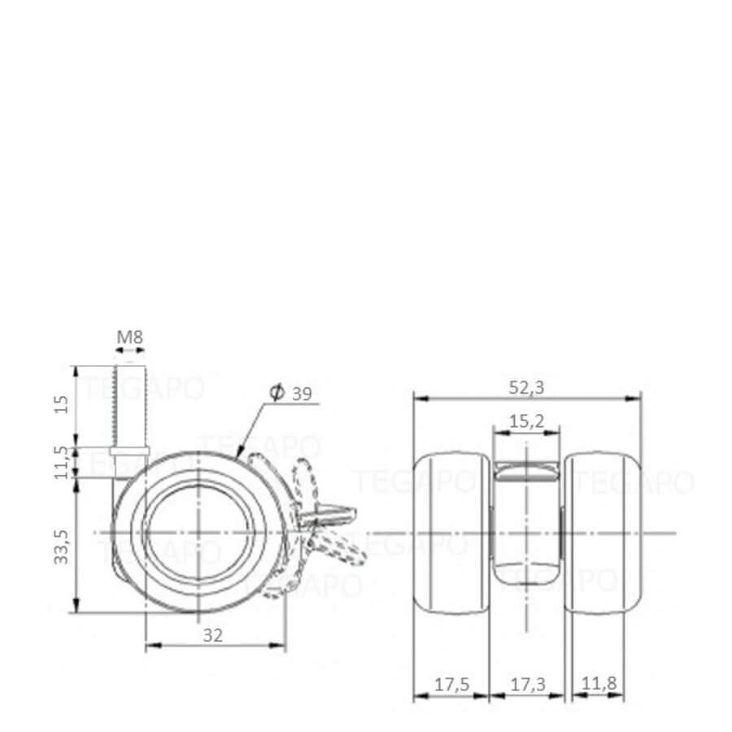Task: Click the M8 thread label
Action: click(x=129, y=337)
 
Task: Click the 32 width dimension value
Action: click(x=213, y=636)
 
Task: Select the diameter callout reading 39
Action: click(x=301, y=394)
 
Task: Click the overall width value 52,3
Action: click(x=527, y=388)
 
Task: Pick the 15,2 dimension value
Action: click(x=527, y=420)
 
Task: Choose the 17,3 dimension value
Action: click(x=526, y=686)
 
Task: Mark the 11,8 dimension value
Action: click(x=599, y=686)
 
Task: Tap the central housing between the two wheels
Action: click(x=526, y=521)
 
